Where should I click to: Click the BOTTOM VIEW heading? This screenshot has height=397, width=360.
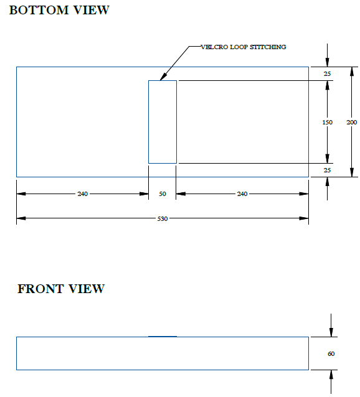click(x=59, y=10)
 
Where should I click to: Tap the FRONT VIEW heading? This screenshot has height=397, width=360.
click(x=61, y=289)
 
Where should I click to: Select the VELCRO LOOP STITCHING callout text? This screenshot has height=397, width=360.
click(x=243, y=47)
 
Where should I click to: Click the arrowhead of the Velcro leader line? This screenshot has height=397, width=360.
click(x=163, y=77)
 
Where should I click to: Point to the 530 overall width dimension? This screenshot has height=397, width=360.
click(x=163, y=218)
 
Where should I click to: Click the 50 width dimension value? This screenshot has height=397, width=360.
click(x=163, y=194)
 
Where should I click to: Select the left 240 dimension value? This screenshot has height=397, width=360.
click(x=83, y=194)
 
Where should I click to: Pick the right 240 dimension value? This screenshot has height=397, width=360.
click(x=242, y=194)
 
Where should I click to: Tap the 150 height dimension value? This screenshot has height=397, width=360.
click(x=328, y=123)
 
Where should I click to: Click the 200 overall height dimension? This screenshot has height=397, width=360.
click(x=352, y=123)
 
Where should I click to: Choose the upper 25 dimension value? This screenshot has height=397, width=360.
click(x=327, y=73)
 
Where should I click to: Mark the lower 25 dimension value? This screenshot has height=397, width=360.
click(x=327, y=170)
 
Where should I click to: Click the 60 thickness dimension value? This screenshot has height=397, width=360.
click(x=331, y=353)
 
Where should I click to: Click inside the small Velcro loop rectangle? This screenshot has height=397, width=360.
click(x=163, y=122)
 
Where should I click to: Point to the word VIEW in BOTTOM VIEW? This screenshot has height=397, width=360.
click(x=92, y=10)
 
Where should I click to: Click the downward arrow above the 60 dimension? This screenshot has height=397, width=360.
click(x=331, y=325)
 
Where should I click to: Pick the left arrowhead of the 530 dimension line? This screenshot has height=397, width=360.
click(x=21, y=218)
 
